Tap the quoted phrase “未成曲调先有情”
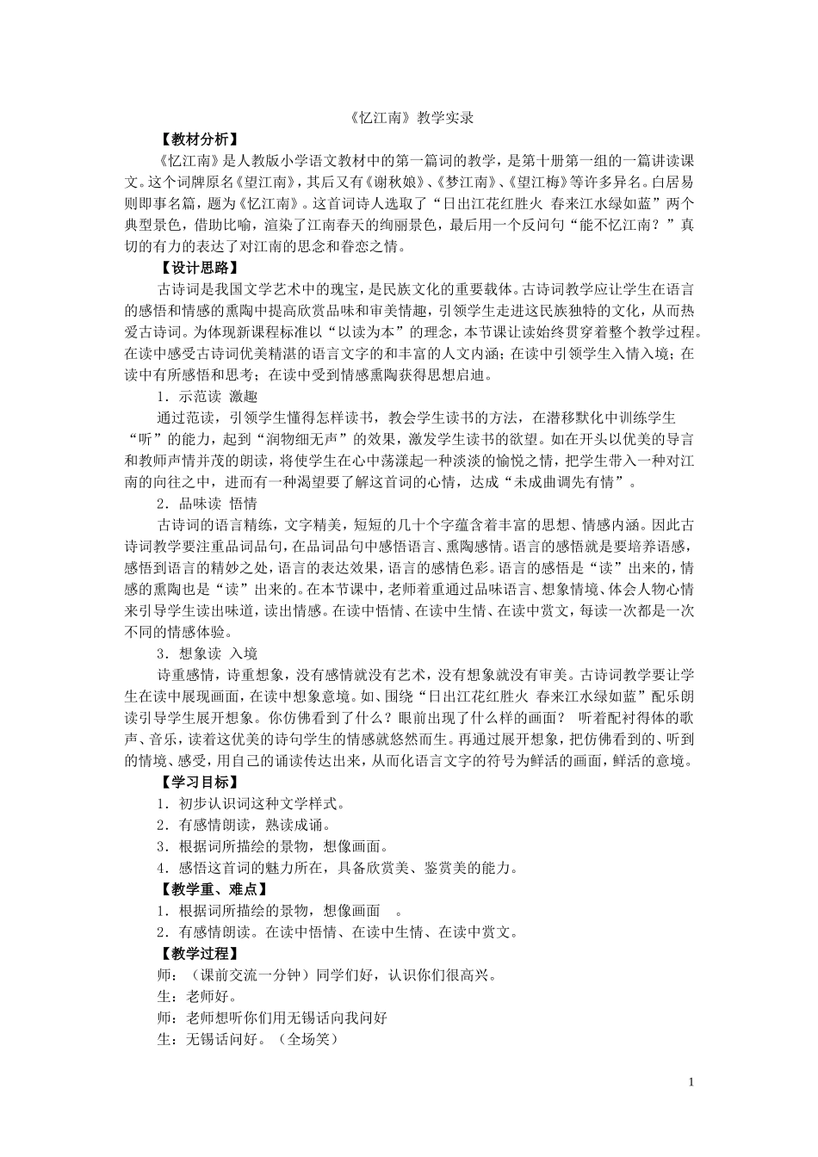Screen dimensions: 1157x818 [565, 482]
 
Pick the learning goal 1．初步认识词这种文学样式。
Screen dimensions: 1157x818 [251, 803]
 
